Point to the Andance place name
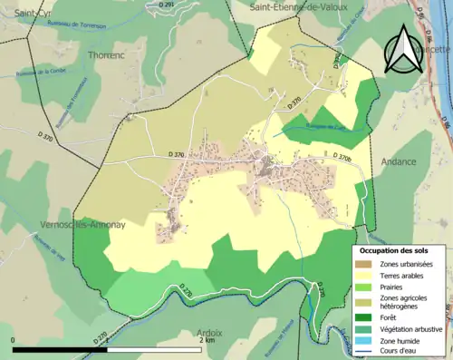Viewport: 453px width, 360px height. pos(400,162)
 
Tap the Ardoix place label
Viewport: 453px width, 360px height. pos(208,333)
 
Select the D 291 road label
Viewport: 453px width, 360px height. pos(168,5)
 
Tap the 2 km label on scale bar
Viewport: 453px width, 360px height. pos(208,342)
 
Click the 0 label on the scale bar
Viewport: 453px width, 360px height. pos(14,342)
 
